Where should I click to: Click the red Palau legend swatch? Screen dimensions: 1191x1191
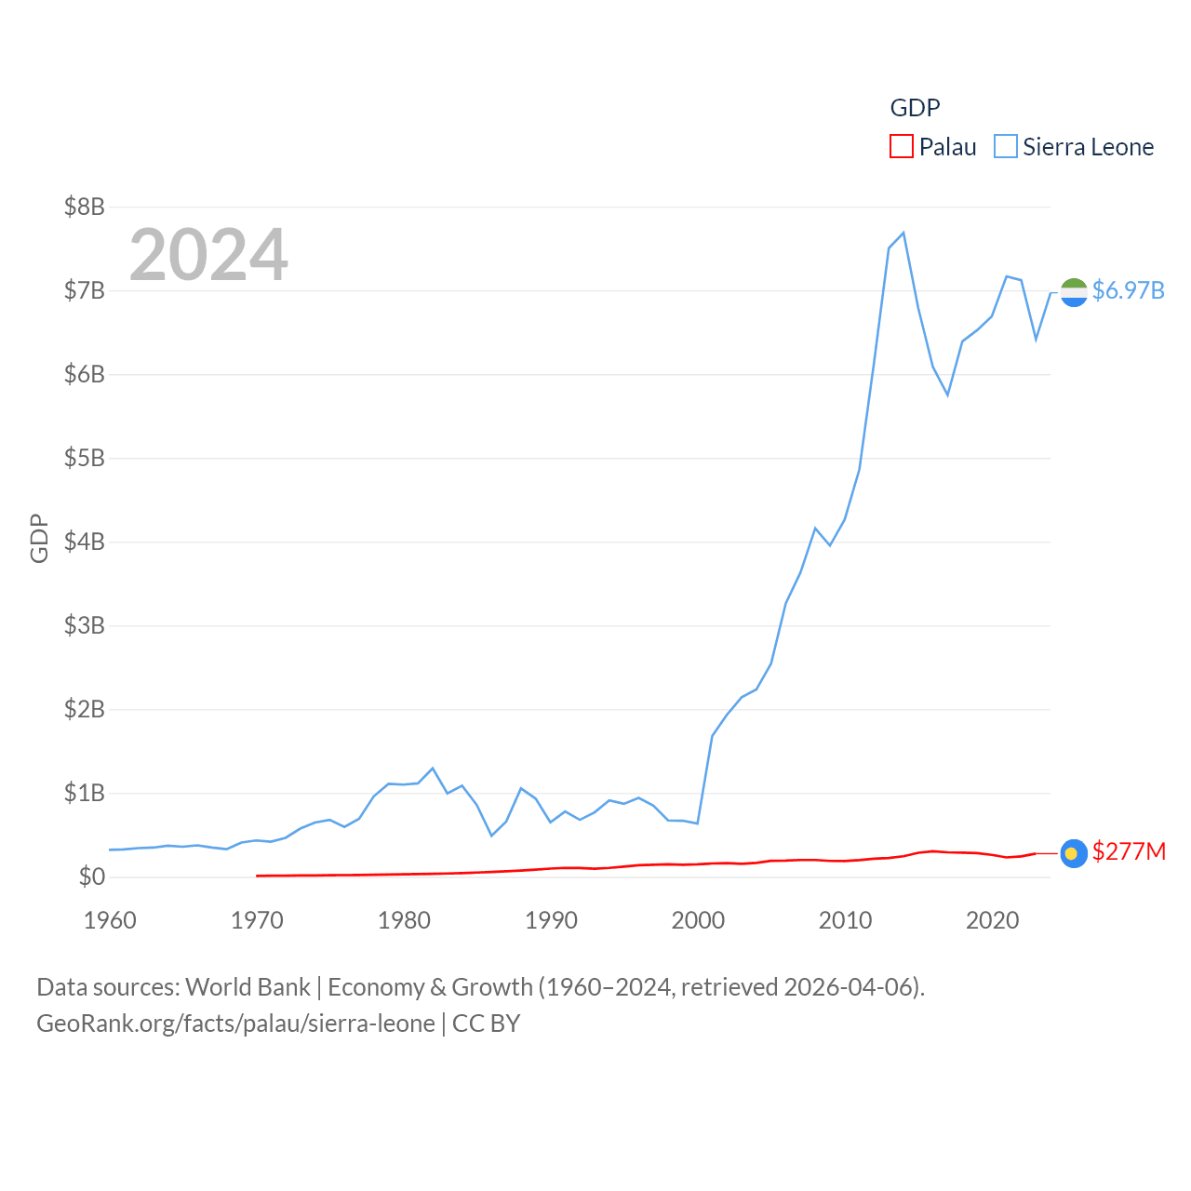(901, 147)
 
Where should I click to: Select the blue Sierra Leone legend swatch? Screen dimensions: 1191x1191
(1005, 147)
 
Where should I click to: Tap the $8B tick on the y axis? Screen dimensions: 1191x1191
(84, 207)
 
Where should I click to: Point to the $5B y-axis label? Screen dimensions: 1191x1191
(84, 458)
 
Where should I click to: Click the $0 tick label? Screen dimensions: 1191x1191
(91, 877)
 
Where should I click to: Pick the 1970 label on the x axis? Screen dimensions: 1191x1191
(257, 920)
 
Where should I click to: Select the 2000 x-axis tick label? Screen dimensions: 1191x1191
(698, 920)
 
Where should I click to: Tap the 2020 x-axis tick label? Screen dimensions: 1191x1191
(992, 920)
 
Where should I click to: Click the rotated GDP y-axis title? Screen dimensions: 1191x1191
(39, 538)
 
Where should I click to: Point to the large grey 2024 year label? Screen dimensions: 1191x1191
(208, 255)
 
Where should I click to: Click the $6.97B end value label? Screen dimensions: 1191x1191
(1128, 290)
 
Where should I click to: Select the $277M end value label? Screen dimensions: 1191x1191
(1129, 851)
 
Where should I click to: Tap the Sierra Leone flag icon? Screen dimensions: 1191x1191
(1074, 292)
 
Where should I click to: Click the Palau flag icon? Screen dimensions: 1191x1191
(1074, 853)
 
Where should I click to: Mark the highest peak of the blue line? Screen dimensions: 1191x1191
(903, 233)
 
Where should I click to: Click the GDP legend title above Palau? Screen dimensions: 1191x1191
(915, 108)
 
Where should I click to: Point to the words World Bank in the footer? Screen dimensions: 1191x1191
(248, 986)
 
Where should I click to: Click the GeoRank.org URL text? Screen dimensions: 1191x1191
(235, 1024)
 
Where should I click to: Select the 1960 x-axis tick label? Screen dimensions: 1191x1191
(110, 920)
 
